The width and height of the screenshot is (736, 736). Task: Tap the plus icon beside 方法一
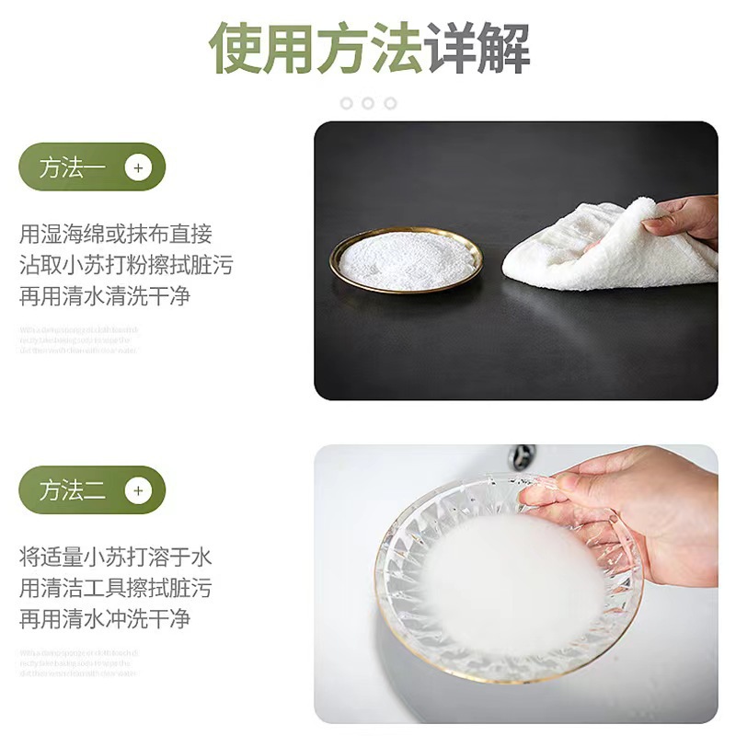pos(138,168)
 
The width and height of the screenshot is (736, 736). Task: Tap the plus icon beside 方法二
pos(138,490)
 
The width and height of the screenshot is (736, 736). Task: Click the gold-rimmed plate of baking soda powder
pos(406,259)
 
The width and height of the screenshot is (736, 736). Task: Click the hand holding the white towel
pos(685,217)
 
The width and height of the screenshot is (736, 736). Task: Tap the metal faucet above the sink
pos(523,456)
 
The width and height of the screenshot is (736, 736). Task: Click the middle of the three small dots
pos(368,103)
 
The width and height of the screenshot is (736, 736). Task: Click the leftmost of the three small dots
pos(347,103)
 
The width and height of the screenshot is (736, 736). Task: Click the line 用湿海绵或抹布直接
pos(116,235)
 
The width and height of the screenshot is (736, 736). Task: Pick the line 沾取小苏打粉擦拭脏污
pos(126,266)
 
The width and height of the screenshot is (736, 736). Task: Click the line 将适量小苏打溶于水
pos(116,557)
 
